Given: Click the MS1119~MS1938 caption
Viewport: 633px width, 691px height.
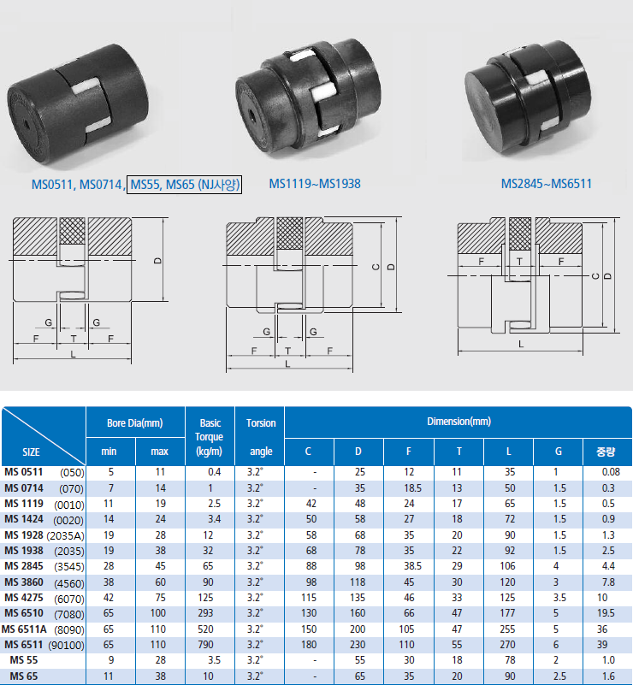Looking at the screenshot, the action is click(x=315, y=184).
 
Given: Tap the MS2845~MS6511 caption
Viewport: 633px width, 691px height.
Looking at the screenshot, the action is click(x=546, y=184).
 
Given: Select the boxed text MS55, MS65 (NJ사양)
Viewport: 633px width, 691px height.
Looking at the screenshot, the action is click(x=185, y=184).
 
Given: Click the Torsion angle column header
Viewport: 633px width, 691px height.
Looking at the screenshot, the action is click(x=261, y=437).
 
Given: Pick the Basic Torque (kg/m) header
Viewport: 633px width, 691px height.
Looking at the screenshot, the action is click(x=210, y=437).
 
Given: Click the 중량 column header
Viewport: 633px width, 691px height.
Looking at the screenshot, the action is click(x=606, y=452).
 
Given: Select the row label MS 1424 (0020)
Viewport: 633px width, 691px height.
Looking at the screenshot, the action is click(x=44, y=520).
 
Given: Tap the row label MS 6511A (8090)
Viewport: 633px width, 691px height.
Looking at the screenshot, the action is click(x=43, y=629).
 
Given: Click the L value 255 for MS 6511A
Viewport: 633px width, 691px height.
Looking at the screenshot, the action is click(x=508, y=629).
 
